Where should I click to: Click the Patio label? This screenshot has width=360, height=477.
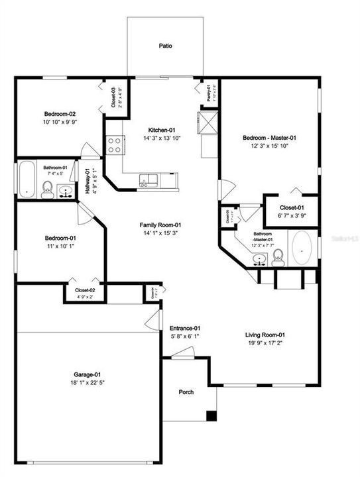[165, 46]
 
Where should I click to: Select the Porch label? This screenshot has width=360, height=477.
[187, 392]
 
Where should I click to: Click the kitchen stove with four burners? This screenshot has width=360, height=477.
[113, 144]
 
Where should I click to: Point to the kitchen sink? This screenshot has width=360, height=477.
[149, 179]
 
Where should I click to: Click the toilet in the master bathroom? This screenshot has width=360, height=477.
[278, 256]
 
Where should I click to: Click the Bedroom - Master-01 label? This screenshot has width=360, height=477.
[269, 138]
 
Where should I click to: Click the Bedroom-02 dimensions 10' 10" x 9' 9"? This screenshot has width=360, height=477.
[60, 123]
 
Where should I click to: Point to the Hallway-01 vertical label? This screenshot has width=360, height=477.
[87, 182]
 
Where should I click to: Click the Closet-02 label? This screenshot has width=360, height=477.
[85, 290]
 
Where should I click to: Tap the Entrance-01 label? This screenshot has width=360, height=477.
[185, 328]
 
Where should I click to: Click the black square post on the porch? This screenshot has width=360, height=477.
[211, 416]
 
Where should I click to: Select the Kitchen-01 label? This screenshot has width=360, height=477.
[161, 130]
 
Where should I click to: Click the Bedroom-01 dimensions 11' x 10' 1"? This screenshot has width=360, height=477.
[60, 246]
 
